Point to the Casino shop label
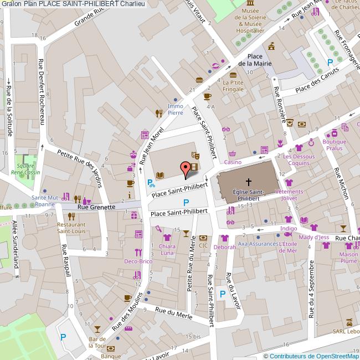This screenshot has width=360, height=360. (x=233, y=162)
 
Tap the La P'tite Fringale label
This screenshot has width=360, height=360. (x=233, y=85)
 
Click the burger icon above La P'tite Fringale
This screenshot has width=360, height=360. (x=233, y=74)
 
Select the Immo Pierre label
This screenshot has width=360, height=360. (x=175, y=109)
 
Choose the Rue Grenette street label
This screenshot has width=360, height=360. (x=96, y=207)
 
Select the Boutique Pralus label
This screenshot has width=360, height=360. (x=334, y=145)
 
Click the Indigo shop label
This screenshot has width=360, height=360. (x=289, y=228)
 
